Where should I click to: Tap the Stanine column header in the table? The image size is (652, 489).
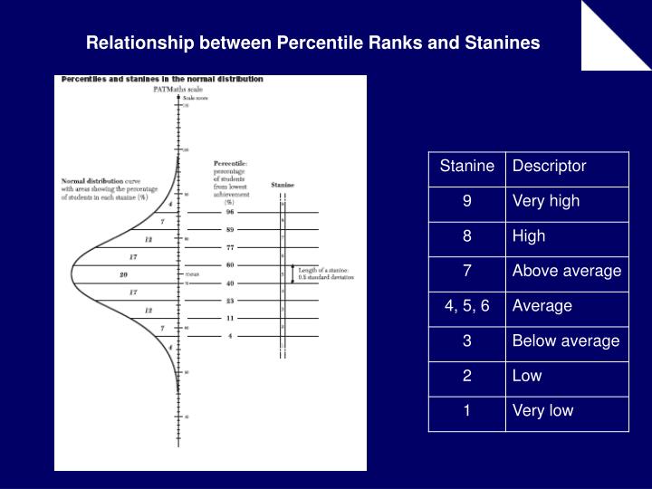click(x=466, y=166)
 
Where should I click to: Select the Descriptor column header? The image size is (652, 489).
click(x=549, y=166)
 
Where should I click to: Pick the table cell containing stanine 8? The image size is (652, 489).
click(x=466, y=235)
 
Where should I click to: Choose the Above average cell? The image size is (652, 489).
click(x=567, y=271)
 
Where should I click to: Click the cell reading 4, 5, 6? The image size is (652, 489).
click(x=466, y=305)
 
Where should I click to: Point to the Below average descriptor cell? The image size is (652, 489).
click(x=566, y=340)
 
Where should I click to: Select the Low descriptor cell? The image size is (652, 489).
click(x=527, y=376)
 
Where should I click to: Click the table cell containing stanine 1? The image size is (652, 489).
click(x=466, y=410)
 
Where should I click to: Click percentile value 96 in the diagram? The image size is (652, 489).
click(x=230, y=212)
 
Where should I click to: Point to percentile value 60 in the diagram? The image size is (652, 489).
click(x=230, y=264)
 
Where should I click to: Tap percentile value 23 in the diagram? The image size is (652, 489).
click(x=230, y=300)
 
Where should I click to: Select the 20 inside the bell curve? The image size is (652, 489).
click(x=124, y=273)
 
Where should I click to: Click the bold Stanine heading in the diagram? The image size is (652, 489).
click(x=283, y=185)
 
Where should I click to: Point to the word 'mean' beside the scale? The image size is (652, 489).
click(x=192, y=273)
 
